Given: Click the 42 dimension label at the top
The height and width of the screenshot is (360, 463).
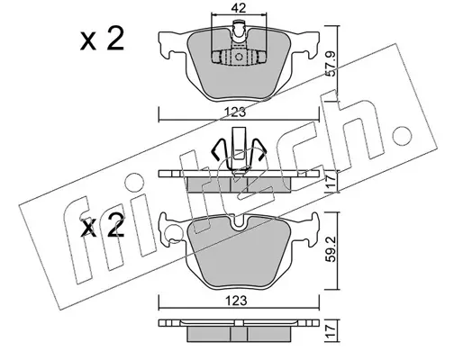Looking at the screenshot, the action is point(239,8).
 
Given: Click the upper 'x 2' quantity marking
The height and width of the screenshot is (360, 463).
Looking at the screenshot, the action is point(102,39).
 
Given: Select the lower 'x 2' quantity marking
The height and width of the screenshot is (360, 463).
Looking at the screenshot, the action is point(102,227).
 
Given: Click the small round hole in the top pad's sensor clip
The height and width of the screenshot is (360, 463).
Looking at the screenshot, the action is point(239,57).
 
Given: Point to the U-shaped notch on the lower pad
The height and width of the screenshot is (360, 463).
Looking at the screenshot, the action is point(239,222).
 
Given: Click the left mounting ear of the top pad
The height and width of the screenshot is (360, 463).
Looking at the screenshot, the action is point(170,44).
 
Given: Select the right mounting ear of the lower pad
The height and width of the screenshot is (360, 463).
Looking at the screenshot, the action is point(307,229).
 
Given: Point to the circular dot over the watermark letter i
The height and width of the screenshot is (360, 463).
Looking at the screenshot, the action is point(135,183).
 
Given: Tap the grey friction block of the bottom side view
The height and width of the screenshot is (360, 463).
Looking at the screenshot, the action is point(239,334).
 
